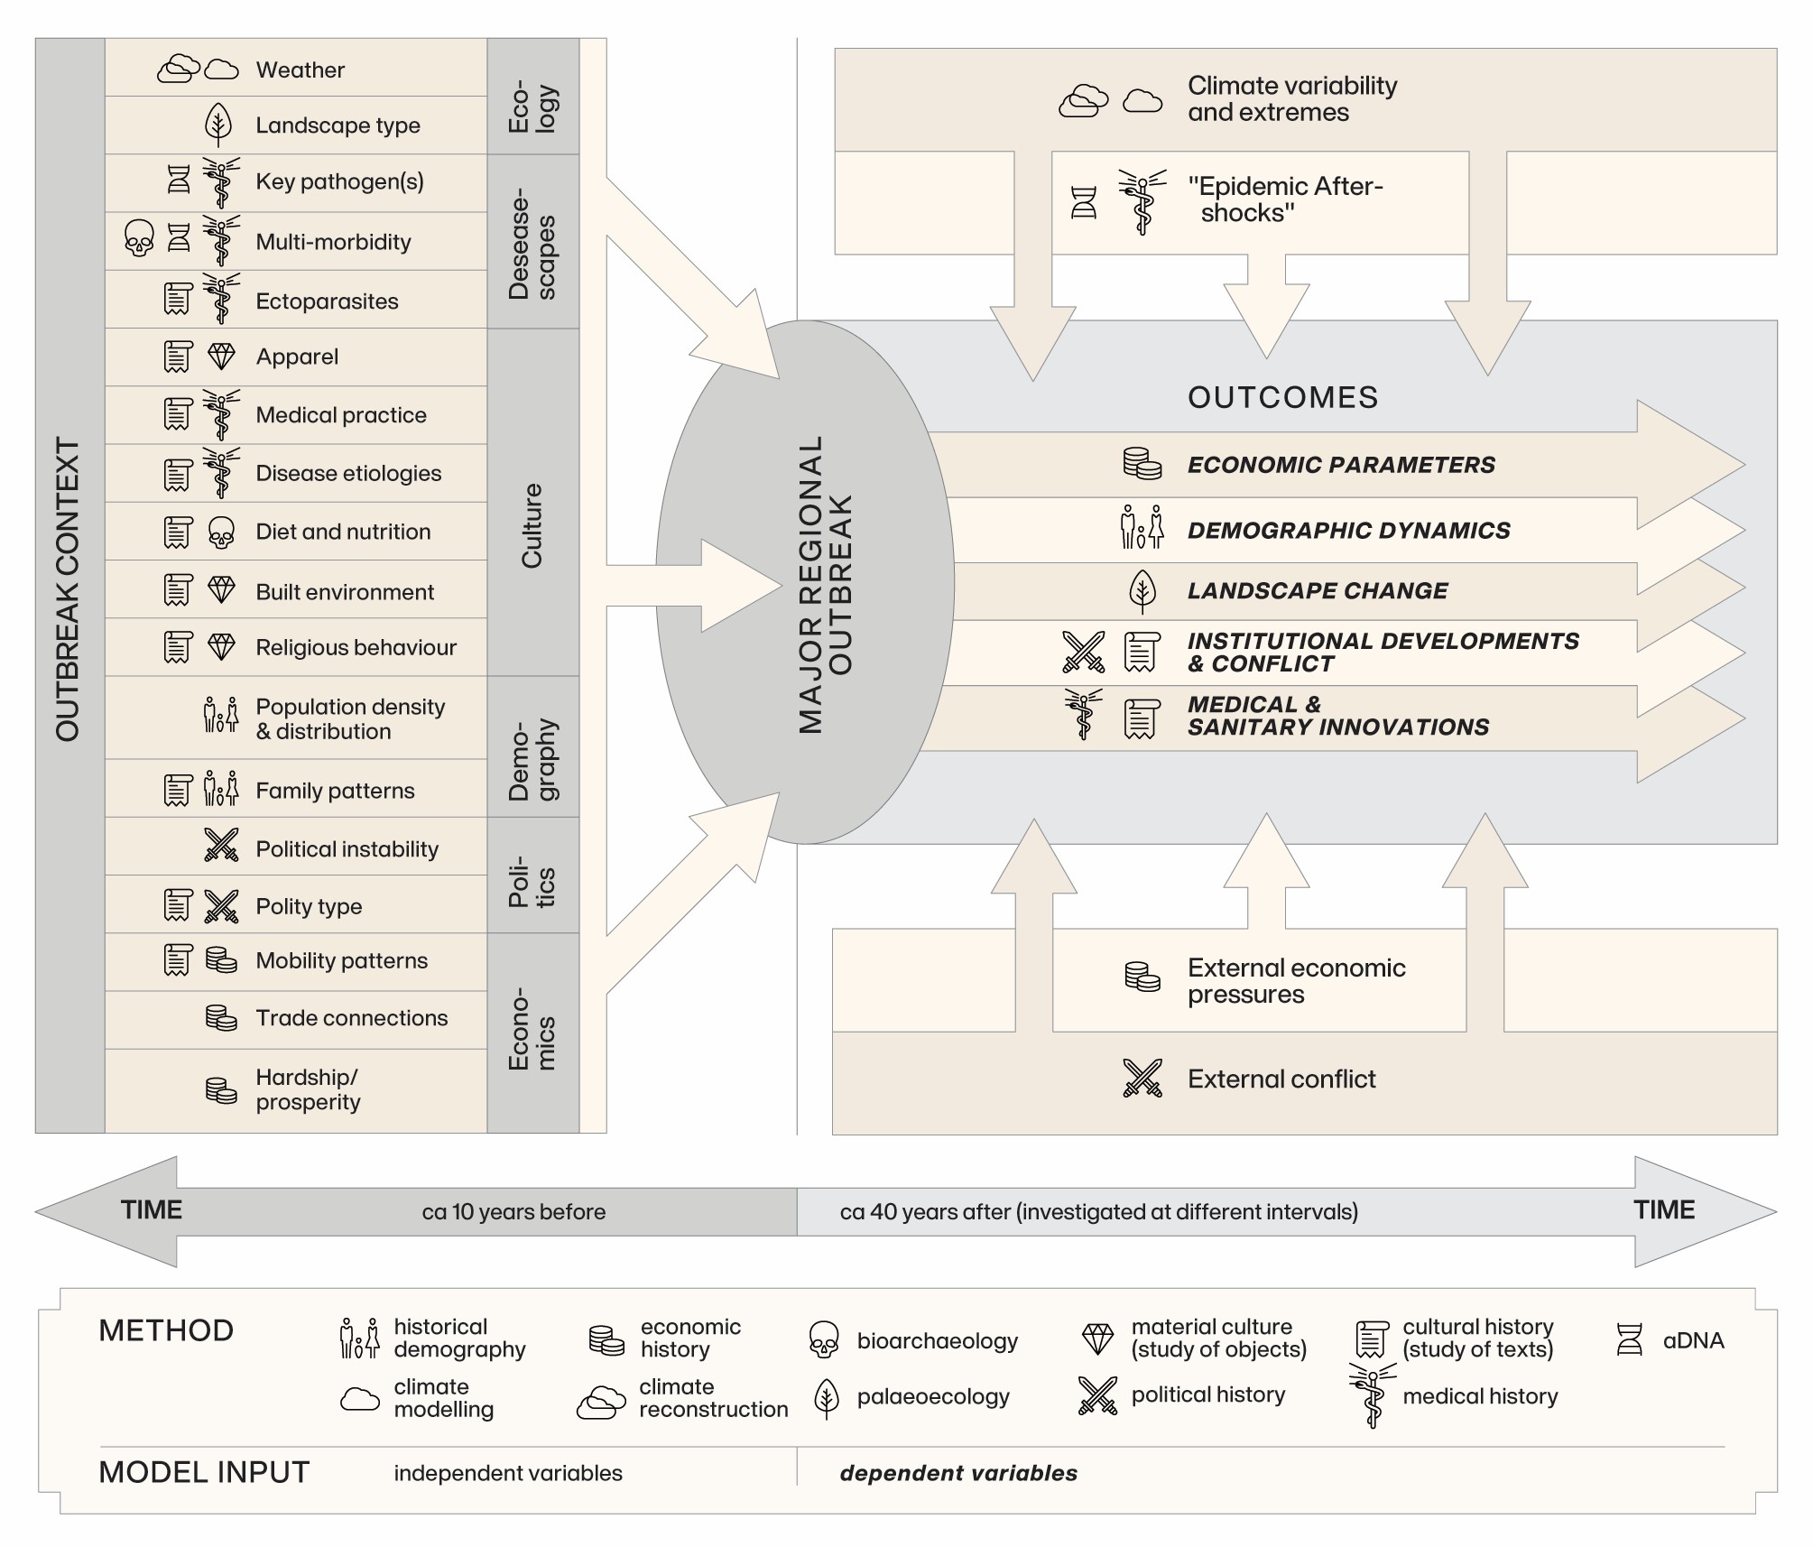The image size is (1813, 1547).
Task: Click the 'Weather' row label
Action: (300, 69)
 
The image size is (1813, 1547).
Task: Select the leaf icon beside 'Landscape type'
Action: (218, 125)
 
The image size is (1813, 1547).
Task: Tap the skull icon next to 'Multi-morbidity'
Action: (138, 239)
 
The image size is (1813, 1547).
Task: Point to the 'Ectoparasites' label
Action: (327, 301)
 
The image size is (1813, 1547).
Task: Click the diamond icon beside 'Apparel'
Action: (221, 356)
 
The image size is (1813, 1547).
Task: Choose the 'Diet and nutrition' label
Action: (343, 532)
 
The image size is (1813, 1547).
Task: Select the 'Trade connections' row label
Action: (351, 1018)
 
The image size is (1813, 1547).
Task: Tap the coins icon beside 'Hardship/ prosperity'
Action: (221, 1090)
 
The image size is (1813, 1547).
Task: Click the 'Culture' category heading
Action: (532, 525)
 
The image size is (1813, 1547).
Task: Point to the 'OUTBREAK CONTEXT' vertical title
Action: (68, 590)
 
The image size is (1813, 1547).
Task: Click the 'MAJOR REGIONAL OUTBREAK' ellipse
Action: (804, 583)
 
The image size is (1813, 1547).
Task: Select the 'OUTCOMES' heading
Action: (1282, 397)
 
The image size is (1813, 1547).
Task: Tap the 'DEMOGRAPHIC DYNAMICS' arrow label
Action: (1348, 531)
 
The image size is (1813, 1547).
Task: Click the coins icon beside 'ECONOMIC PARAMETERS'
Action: (1142, 464)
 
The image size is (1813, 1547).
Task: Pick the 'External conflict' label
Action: (1281, 1079)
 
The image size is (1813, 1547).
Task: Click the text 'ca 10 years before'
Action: (513, 1211)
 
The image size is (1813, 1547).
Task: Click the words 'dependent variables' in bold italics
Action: (958, 1473)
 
